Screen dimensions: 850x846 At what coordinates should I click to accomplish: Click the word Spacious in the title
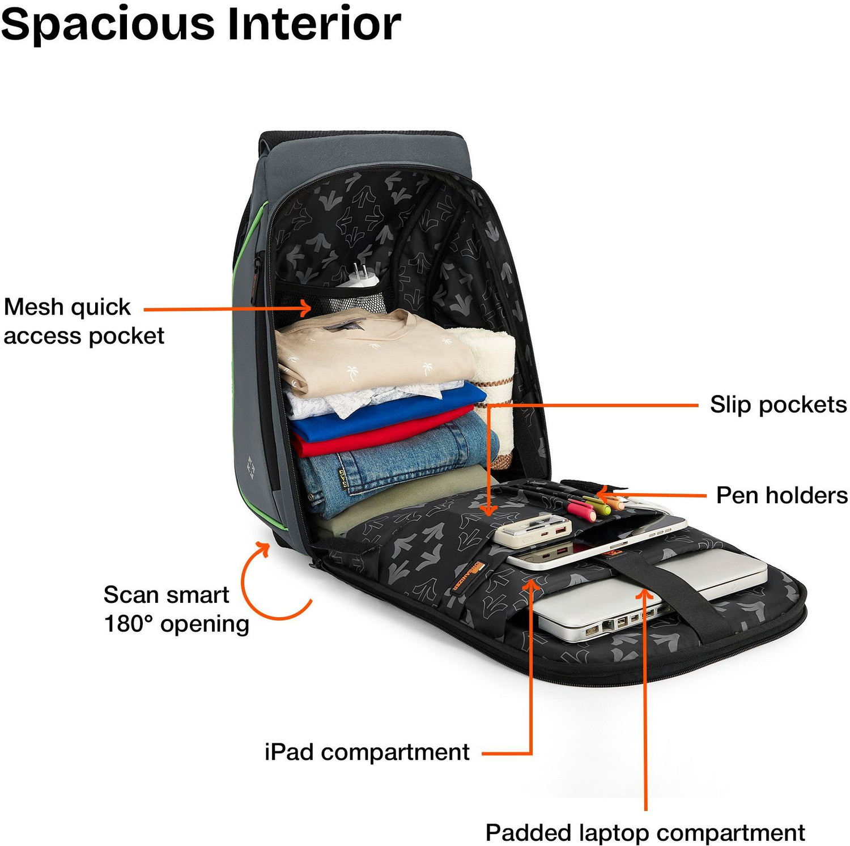pyautogui.click(x=108, y=25)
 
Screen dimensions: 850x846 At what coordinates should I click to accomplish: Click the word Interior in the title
pyautogui.click(x=314, y=24)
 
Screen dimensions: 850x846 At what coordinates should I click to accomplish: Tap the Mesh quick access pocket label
pyautogui.click(x=84, y=321)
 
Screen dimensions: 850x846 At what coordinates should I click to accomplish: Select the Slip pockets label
pyautogui.click(x=778, y=405)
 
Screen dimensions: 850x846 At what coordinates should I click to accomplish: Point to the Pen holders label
pyautogui.click(x=782, y=495)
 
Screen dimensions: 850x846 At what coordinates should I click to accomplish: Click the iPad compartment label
pyautogui.click(x=367, y=753)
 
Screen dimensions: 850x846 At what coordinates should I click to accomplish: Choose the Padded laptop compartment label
pyautogui.click(x=645, y=833)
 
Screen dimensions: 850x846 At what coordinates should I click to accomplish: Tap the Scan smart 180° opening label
pyautogui.click(x=176, y=609)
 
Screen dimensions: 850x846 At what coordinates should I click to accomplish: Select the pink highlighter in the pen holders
pyautogui.click(x=582, y=510)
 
